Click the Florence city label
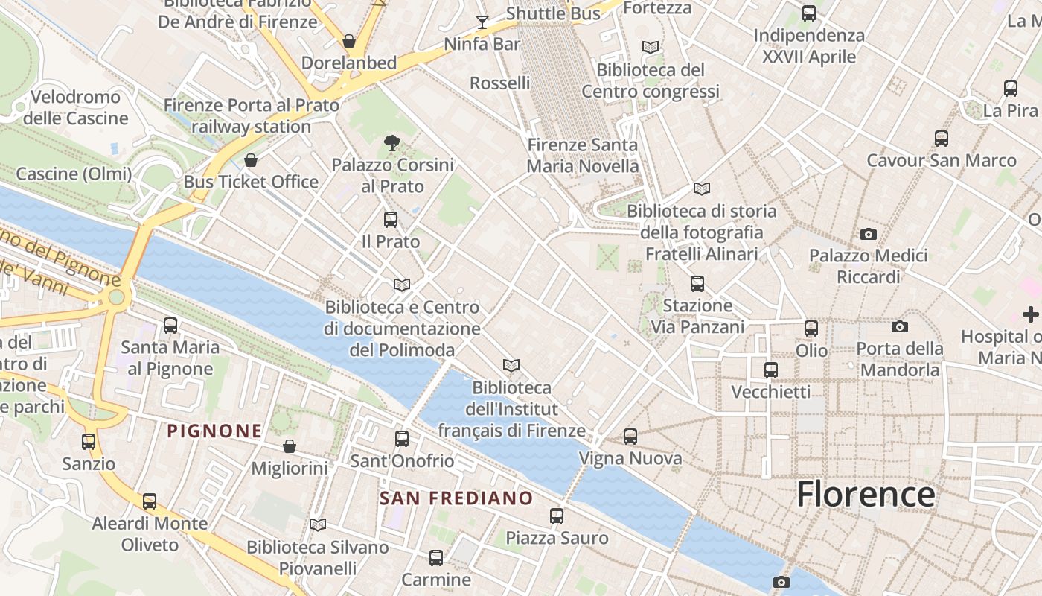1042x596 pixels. pyautogui.click(x=866, y=494)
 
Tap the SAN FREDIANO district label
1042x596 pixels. pyautogui.click(x=456, y=498)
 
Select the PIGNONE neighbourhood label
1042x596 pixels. pyautogui.click(x=214, y=431)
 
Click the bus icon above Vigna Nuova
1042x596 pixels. pyautogui.click(x=630, y=437)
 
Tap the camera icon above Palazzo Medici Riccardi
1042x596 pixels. pyautogui.click(x=868, y=235)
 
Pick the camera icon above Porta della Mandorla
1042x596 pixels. pyautogui.click(x=899, y=326)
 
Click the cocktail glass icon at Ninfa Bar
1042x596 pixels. pyautogui.click(x=482, y=22)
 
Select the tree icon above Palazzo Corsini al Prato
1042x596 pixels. pyautogui.click(x=391, y=143)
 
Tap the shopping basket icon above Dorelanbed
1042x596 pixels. pyautogui.click(x=348, y=41)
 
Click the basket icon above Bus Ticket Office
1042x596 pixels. pyautogui.click(x=251, y=160)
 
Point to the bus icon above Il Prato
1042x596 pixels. pyautogui.click(x=390, y=220)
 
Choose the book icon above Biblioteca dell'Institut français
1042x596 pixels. pyautogui.click(x=511, y=365)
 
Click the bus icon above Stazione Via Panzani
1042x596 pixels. pyautogui.click(x=697, y=283)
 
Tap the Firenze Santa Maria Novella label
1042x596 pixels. pyautogui.click(x=582, y=155)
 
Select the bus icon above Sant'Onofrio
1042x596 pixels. pyautogui.click(x=402, y=439)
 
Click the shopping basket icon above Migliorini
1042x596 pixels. pyautogui.click(x=290, y=446)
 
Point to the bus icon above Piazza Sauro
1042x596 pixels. pyautogui.click(x=556, y=516)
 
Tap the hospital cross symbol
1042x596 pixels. pyautogui.click(x=1030, y=314)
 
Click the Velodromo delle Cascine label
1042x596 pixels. pyautogui.click(x=75, y=107)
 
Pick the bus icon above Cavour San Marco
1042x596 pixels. pyautogui.click(x=941, y=138)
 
